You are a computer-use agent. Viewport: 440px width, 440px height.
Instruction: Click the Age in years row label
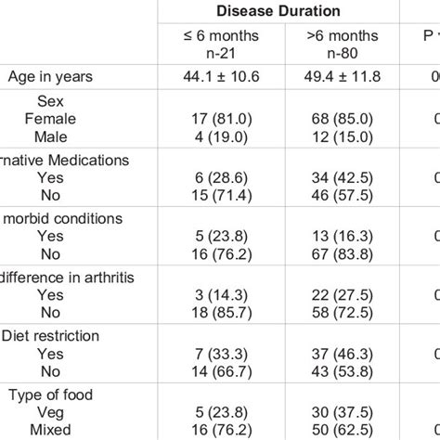(53, 77)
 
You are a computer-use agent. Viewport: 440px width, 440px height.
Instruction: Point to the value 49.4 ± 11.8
(340, 77)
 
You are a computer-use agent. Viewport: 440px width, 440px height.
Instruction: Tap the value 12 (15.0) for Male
(340, 136)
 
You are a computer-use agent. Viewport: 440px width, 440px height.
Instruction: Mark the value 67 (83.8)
(340, 255)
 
